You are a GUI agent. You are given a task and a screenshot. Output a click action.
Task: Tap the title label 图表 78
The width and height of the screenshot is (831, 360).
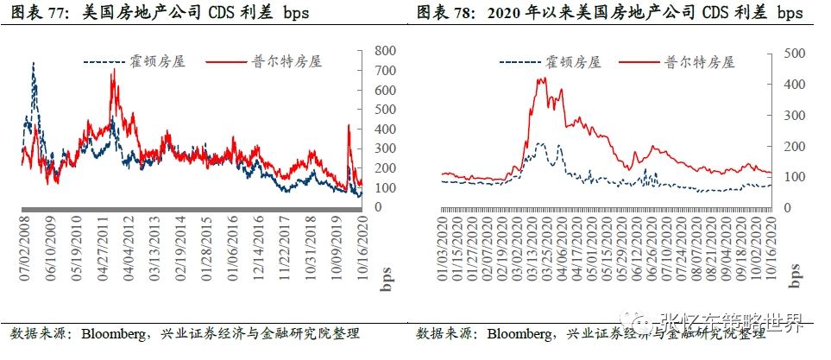(x=444, y=13)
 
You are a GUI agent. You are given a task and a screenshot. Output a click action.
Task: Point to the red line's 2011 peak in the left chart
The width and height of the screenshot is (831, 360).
(x=113, y=71)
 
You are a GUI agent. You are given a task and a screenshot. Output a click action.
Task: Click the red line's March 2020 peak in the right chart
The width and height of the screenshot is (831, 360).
(x=541, y=79)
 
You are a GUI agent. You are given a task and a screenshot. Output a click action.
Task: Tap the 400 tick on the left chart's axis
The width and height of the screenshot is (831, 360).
(x=386, y=129)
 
